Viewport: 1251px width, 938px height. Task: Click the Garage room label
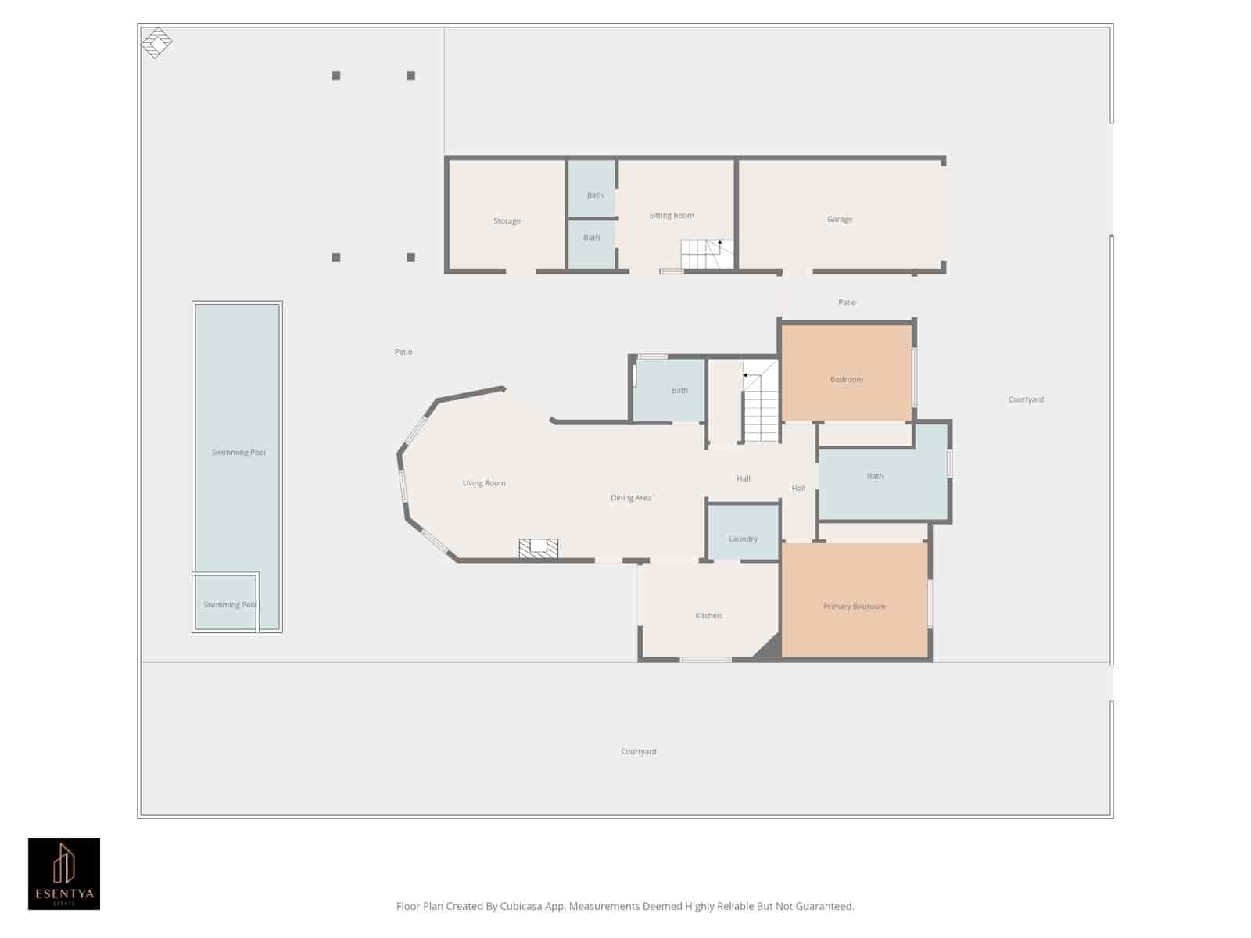[x=840, y=219]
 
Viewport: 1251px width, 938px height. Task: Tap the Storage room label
[x=507, y=221]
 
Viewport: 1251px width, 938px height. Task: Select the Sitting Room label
[x=671, y=215]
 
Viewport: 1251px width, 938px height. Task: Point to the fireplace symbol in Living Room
[x=539, y=548]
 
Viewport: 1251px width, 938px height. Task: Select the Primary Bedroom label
[x=854, y=607]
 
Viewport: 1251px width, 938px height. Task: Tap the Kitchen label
[x=708, y=615]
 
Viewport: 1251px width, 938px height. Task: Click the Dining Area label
[x=630, y=498]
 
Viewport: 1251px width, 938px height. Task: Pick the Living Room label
[x=484, y=483]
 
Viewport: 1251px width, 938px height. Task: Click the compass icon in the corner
[x=156, y=42]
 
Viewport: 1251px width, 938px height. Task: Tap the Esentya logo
[x=64, y=873]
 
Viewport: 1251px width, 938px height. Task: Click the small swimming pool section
[x=226, y=602]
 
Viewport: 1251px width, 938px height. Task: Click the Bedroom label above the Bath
[x=846, y=379]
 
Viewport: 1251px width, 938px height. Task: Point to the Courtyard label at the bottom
[x=638, y=751]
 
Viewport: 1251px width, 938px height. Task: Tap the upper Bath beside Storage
[x=594, y=195]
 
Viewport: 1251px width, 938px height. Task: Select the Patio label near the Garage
[x=847, y=302]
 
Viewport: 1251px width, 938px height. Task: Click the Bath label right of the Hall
[x=875, y=476]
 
